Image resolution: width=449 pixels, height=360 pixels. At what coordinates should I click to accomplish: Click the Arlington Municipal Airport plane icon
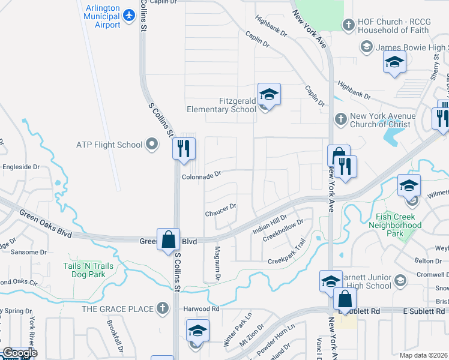[129, 14]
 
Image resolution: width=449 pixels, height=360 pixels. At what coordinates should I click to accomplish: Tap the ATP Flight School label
[109, 145]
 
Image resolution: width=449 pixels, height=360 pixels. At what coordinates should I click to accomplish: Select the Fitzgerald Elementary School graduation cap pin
[270, 94]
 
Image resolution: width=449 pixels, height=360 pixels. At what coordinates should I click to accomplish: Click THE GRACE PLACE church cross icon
[161, 308]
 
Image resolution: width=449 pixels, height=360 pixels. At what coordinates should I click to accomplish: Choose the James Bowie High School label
[411, 47]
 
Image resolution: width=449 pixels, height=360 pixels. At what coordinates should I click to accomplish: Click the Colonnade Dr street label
[202, 175]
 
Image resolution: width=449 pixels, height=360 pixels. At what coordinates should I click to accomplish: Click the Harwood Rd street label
[200, 309]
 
